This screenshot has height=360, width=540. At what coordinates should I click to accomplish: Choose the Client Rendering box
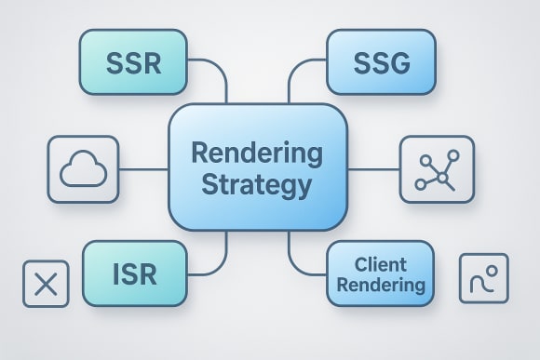pos(380,273)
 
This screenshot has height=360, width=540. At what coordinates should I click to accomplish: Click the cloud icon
pos(85,170)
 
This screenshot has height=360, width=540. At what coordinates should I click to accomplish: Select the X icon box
pos(46,284)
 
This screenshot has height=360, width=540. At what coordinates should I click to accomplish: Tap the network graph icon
pos(436,169)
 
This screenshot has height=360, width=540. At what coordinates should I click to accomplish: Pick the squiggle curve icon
pos(484,278)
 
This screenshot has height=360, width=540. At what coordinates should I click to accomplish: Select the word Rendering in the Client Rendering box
pos(381,285)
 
